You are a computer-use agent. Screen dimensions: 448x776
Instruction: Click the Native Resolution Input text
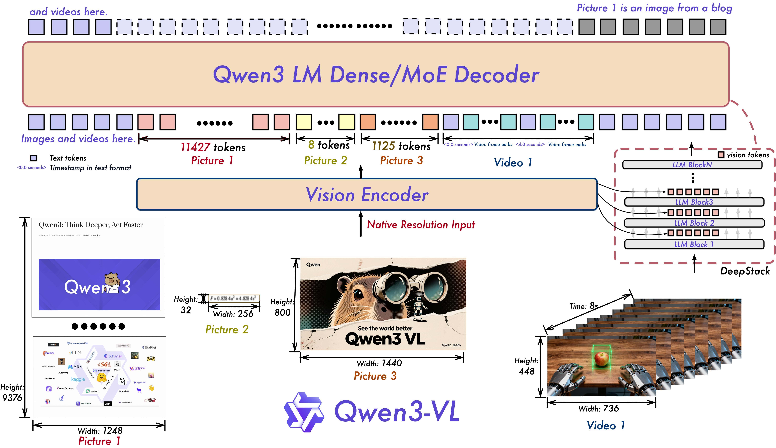tap(421, 225)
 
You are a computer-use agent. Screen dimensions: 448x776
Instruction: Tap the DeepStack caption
tap(745, 271)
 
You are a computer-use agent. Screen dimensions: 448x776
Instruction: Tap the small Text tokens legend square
tap(33, 158)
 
